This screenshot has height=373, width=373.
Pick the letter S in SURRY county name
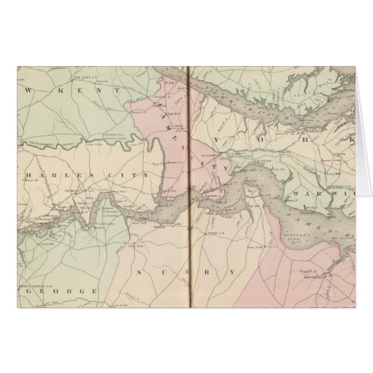coord(140,271)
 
